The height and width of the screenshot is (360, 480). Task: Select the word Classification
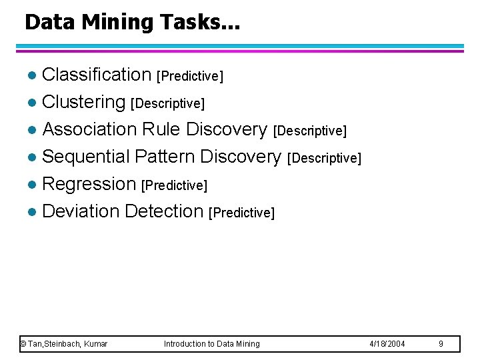pos(97,75)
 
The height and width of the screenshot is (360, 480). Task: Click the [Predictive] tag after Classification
pos(189,76)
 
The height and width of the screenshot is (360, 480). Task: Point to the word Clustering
pos(83,102)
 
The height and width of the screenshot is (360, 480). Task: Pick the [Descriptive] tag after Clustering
pos(167,103)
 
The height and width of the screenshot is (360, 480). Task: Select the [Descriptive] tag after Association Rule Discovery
pos(310,131)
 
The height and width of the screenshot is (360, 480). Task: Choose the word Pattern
pos(164,157)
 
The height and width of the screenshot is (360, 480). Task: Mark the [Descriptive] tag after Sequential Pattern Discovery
pos(324,158)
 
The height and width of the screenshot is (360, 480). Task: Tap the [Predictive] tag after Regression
pos(175,185)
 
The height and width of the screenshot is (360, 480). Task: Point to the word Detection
pos(163,211)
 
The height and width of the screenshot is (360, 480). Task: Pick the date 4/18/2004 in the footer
pos(387,344)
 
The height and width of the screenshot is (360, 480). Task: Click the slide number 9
pos(441,344)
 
